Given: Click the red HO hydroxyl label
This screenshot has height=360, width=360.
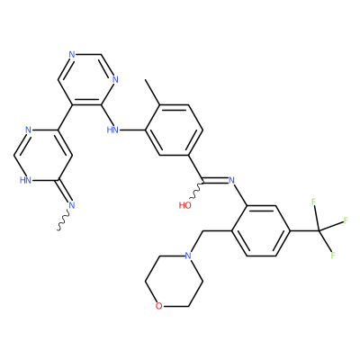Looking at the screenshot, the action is [184, 205].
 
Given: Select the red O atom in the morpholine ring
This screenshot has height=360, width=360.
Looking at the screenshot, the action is [159, 306].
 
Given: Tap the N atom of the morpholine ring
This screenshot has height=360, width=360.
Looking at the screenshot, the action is [188, 256].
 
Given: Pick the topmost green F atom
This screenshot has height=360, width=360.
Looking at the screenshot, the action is [314, 202].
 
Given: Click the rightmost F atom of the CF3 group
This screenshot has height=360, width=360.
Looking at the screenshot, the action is [346, 220].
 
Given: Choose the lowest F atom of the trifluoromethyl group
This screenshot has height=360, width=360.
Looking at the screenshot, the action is [333, 256].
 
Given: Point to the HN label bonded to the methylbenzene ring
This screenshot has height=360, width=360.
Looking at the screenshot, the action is [112, 130].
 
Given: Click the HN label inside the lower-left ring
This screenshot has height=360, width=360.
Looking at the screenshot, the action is [25, 180].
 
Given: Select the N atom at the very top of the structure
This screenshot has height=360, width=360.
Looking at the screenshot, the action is [71, 55].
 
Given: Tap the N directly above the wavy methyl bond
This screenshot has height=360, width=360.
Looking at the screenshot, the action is [71, 205].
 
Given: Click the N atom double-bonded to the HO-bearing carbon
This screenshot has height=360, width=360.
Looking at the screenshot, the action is [231, 180].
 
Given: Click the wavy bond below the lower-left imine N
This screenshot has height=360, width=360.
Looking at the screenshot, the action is [64, 221].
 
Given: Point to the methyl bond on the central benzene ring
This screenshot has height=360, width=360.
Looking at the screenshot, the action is [152, 92].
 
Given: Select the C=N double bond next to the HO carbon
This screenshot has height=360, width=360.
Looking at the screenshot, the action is [216, 180].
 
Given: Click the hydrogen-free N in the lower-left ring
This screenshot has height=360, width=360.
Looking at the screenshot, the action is [29, 130].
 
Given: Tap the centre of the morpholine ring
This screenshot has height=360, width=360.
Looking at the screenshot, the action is [174, 281].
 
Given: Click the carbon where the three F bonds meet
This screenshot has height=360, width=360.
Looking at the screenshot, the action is [319, 230].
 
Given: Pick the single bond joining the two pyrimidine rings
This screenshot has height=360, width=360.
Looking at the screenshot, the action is [65, 118].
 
